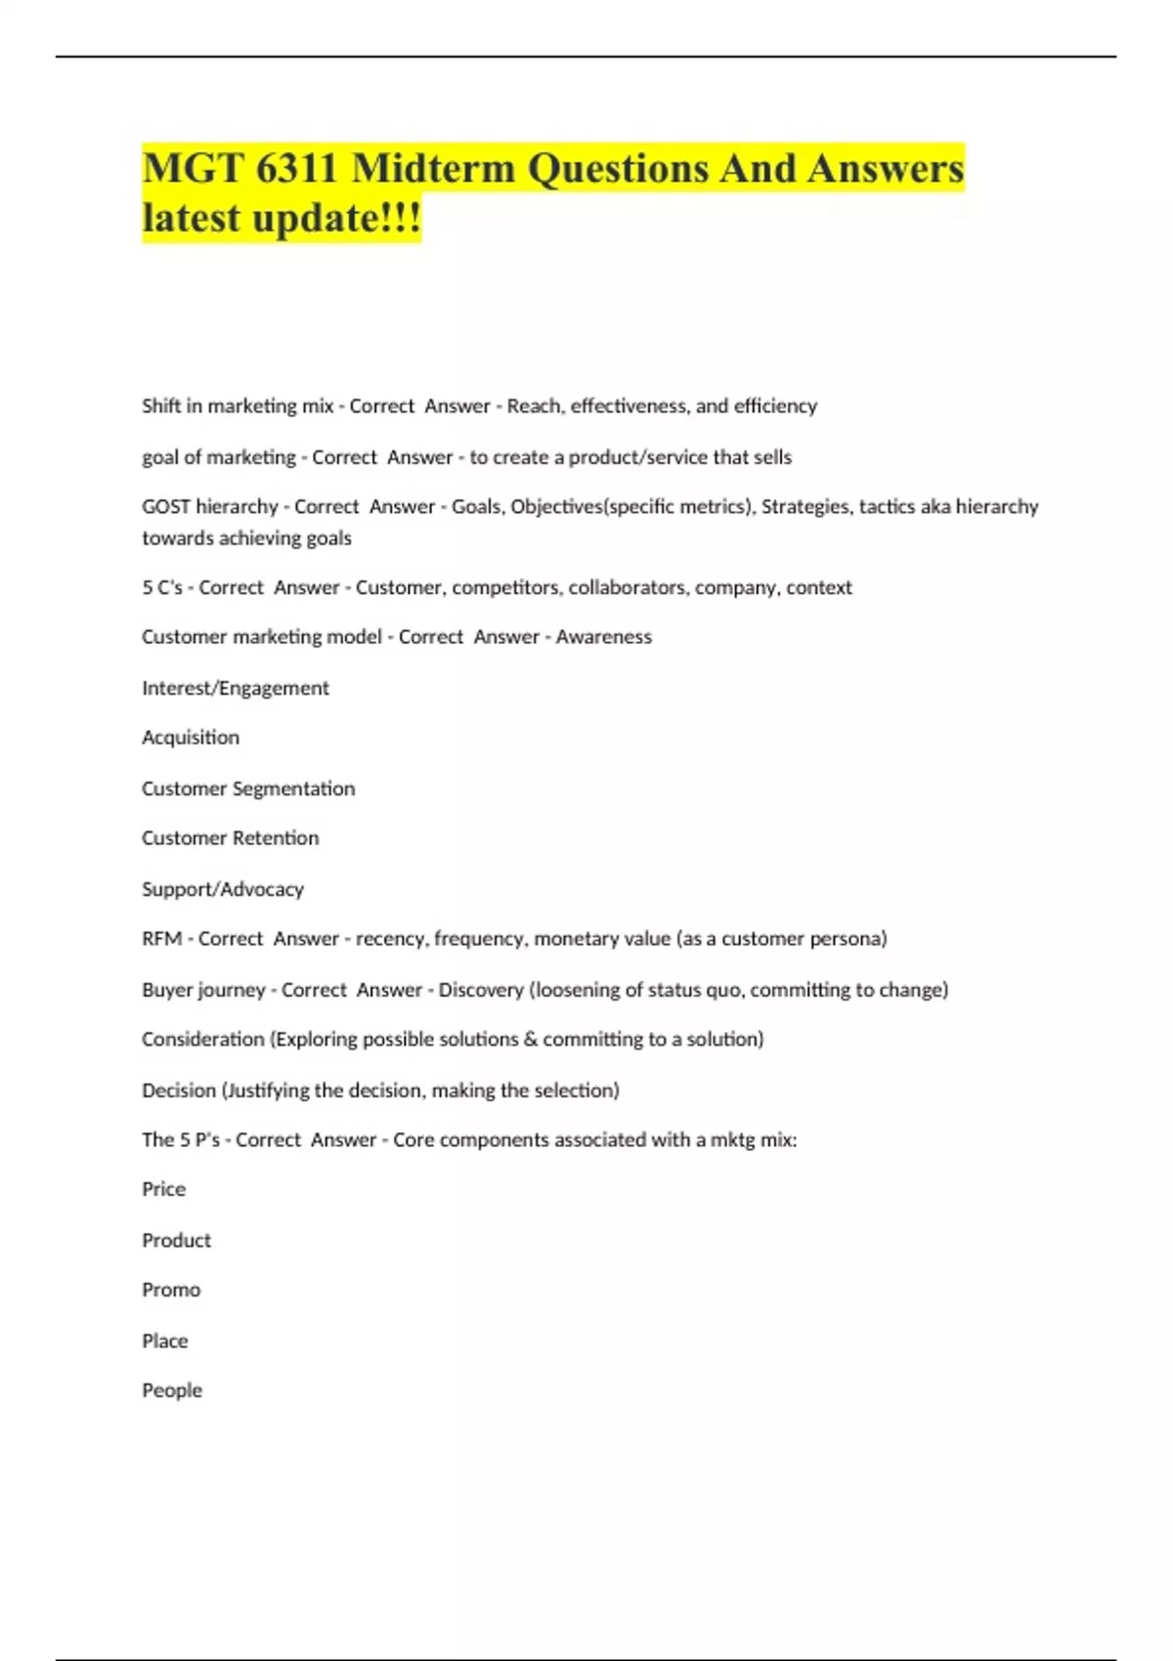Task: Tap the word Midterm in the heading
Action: point(433,168)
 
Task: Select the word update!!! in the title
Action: point(336,217)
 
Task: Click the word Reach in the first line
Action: point(534,406)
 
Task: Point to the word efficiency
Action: point(775,406)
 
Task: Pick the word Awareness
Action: point(603,637)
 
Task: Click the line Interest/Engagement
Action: point(236,688)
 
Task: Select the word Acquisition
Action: point(191,738)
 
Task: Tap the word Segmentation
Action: point(293,788)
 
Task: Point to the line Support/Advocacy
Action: point(223,889)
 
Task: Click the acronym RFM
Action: point(161,939)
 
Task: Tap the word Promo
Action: point(171,1290)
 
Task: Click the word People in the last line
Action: point(172,1390)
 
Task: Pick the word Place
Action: point(165,1341)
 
